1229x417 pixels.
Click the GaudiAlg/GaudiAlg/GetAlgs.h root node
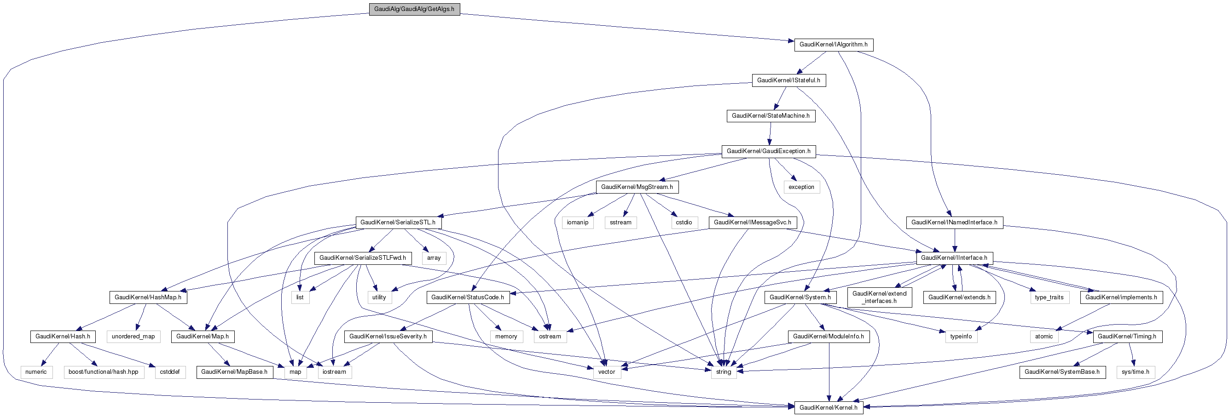tap(414, 9)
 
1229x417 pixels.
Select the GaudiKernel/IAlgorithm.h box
tap(833, 45)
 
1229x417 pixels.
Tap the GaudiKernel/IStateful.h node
tap(788, 80)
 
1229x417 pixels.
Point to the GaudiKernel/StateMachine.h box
tap(771, 116)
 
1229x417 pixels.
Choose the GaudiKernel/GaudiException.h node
tap(768, 152)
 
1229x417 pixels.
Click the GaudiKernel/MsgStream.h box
tap(637, 187)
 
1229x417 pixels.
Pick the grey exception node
tap(801, 187)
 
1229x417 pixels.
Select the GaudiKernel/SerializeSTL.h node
tap(398, 223)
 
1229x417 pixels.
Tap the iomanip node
tap(577, 223)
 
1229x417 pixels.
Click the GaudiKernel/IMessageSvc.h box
tap(753, 223)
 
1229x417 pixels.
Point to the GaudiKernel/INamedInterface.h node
tap(954, 223)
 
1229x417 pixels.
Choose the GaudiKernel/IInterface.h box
tap(954, 258)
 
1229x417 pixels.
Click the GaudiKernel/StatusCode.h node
tap(468, 297)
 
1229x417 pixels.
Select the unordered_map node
tap(133, 337)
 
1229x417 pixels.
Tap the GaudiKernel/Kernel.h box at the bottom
tap(828, 407)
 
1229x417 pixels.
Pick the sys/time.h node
tap(1135, 372)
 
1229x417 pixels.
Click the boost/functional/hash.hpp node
tap(103, 372)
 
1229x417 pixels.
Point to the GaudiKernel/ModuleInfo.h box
tap(828, 337)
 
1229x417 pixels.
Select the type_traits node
tap(1049, 297)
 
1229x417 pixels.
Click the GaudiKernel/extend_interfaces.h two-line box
tap(879, 297)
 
